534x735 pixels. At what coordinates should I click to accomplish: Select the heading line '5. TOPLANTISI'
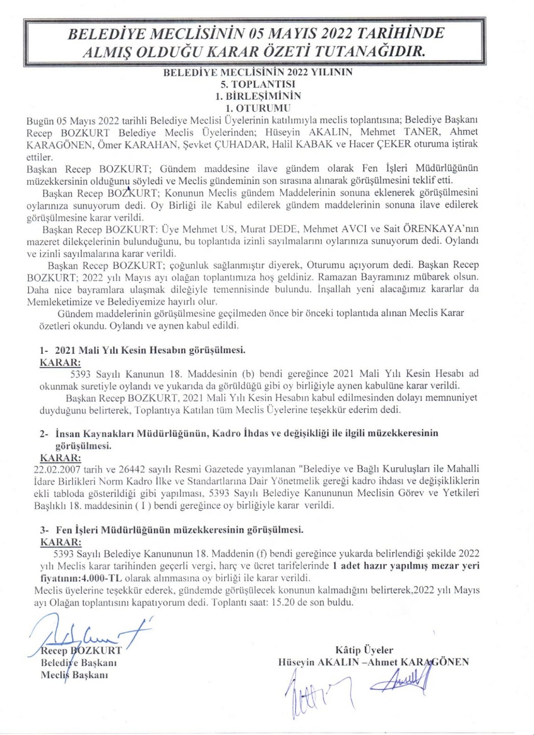[258, 84]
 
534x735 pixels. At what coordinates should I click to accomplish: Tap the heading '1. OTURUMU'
[258, 108]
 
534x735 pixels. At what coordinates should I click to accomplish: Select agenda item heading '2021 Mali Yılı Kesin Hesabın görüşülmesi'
[150, 350]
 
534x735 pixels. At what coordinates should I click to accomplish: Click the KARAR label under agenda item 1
[60, 362]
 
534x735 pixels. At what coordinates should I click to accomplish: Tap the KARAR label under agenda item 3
[61, 542]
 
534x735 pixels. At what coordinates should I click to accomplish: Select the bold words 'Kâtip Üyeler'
[364, 650]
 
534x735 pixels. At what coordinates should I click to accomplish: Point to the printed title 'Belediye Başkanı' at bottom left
[79, 662]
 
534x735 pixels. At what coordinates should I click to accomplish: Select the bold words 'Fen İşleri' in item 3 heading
[75, 530]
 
